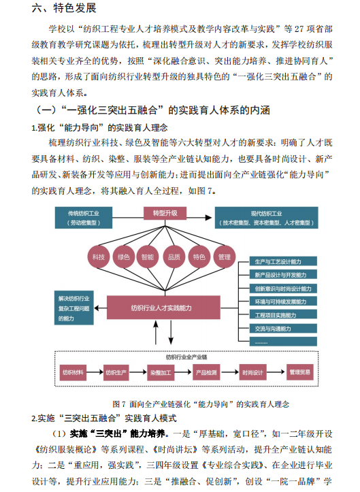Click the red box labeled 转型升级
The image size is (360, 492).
coord(165,214)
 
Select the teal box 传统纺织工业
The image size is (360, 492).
coord(84,218)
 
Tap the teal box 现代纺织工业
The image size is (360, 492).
coord(266,218)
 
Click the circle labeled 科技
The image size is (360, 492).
coord(99,257)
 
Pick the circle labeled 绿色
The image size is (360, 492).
coord(124,257)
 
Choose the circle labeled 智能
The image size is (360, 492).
coord(148,257)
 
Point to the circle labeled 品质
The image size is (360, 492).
coord(174,257)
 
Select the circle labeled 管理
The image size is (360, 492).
coord(225,257)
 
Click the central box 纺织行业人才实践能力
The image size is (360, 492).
coord(163,308)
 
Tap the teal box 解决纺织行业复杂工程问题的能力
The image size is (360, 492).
coord(74,308)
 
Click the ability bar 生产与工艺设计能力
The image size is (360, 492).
coord(283,261)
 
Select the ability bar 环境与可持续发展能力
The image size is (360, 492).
coord(283,301)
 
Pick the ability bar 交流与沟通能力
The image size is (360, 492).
coord(283,329)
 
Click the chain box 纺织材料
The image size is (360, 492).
coord(73,372)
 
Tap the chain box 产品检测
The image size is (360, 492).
coord(206,372)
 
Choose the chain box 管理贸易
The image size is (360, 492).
coord(299,372)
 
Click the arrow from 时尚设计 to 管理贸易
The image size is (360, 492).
coord(276,372)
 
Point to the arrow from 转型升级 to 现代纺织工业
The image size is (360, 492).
coord(199,218)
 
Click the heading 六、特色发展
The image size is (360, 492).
coord(64,8)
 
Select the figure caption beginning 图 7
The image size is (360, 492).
coord(201,404)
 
